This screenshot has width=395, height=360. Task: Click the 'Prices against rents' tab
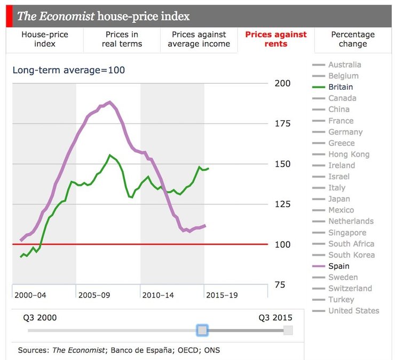pos(276,39)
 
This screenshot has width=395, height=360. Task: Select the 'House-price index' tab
pos(45,39)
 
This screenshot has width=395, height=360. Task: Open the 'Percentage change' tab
pos(353,39)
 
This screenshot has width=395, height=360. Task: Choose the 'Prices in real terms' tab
pos(122,39)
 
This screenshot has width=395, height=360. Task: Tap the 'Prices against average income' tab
pos(199,39)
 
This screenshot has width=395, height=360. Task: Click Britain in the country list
pos(341,87)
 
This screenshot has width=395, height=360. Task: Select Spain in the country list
pos(338,266)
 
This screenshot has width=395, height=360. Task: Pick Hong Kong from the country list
pos(349,154)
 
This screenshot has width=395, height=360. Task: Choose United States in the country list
pos(353,311)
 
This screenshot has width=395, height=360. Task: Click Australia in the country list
pos(344,65)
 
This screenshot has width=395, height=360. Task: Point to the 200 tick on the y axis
pos(283,83)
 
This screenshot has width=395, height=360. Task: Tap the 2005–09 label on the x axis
pos(94,295)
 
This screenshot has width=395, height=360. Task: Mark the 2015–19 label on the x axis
pos(222,295)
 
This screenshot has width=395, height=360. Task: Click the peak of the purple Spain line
pos(109,101)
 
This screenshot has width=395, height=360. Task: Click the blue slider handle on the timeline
pos(202,331)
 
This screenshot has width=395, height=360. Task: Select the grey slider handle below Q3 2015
pos(288,331)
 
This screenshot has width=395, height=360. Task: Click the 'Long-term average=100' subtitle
pos(69,70)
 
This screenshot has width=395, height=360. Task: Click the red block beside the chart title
pos(9,16)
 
